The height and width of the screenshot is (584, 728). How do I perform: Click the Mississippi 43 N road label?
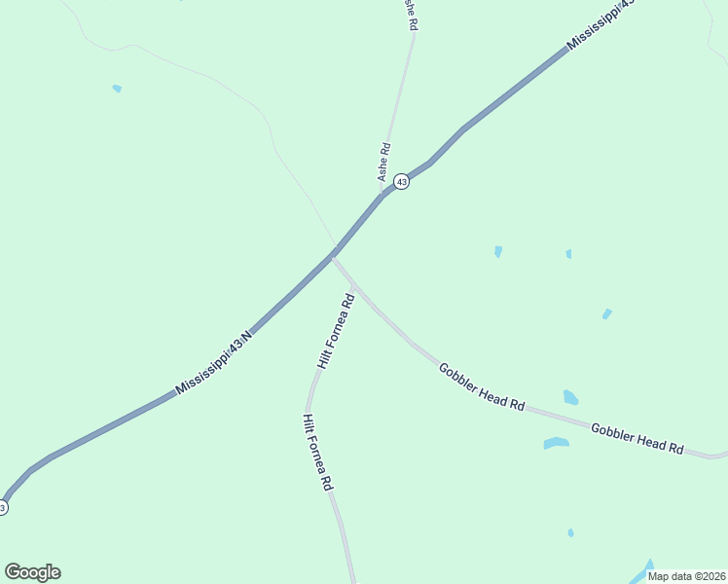pyautogui.click(x=214, y=363)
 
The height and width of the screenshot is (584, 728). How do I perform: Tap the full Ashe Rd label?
pyautogui.click(x=384, y=163)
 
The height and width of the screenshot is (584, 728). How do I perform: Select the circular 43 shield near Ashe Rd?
pyautogui.click(x=401, y=181)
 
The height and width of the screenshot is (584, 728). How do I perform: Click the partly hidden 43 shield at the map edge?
pyautogui.click(x=2, y=507)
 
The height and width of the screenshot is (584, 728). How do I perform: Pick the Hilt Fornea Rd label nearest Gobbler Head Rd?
pyautogui.click(x=336, y=333)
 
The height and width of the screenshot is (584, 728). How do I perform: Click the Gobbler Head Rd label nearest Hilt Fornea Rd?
pyautogui.click(x=481, y=385)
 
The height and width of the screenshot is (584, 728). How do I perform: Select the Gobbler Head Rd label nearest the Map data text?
pyautogui.click(x=637, y=437)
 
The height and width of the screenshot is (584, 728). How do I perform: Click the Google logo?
pyautogui.click(x=32, y=572)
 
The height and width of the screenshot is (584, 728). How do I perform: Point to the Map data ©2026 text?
pyautogui.click(x=687, y=575)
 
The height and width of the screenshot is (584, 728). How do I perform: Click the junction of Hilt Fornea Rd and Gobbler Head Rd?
pyautogui.click(x=356, y=287)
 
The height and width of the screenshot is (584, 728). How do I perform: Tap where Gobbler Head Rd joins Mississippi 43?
pyautogui.click(x=334, y=254)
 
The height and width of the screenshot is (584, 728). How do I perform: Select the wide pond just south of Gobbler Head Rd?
pyautogui.click(x=556, y=444)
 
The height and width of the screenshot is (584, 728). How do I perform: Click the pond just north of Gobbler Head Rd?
pyautogui.click(x=570, y=397)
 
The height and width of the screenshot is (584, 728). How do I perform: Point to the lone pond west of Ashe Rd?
pyautogui.click(x=117, y=89)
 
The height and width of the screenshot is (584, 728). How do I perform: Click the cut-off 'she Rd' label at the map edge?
pyautogui.click(x=411, y=16)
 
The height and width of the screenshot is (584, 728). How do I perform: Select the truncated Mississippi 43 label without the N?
pyautogui.click(x=601, y=24)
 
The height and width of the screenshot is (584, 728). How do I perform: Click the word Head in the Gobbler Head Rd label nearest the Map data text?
pyautogui.click(x=642, y=439)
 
